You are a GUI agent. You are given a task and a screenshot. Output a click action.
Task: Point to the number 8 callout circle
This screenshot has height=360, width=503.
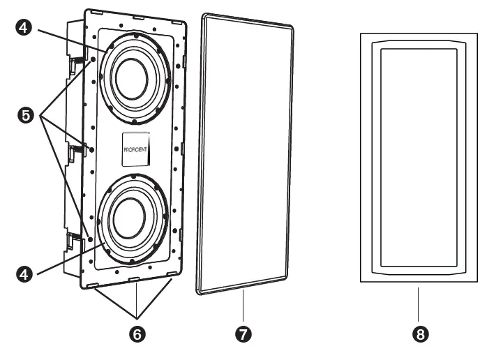tap(419, 334)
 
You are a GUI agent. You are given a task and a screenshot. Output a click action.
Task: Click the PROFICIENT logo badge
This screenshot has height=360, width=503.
tap(137, 149)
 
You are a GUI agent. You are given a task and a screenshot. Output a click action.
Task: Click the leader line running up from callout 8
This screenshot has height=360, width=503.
tap(419, 305)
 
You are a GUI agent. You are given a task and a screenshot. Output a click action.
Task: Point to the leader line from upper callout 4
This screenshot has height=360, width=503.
tap(70, 40)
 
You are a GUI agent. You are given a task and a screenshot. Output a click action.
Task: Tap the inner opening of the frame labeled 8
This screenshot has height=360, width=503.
tap(419, 157)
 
